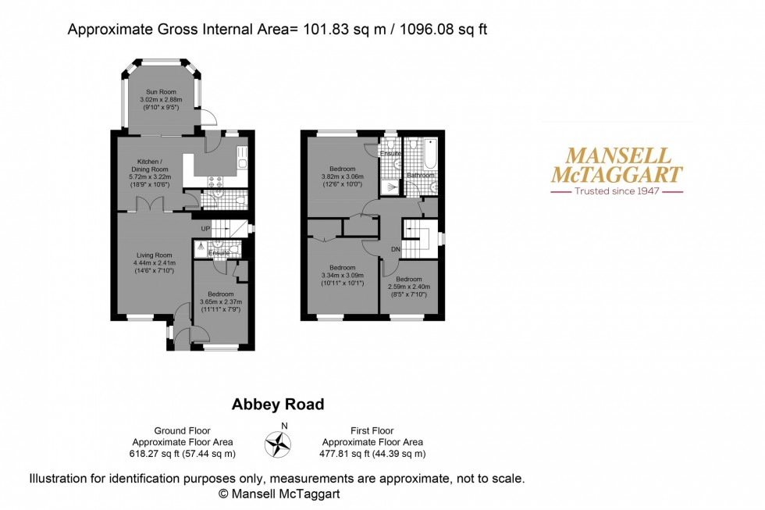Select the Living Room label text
[x=153, y=255]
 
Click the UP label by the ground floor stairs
[x=206, y=228]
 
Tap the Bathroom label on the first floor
[x=421, y=176]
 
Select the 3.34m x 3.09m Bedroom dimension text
[x=342, y=275]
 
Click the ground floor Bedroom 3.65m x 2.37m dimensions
[x=221, y=302]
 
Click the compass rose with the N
[x=277, y=444]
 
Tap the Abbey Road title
[x=278, y=405]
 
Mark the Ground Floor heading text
[x=182, y=431]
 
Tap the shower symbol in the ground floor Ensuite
[x=201, y=245]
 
